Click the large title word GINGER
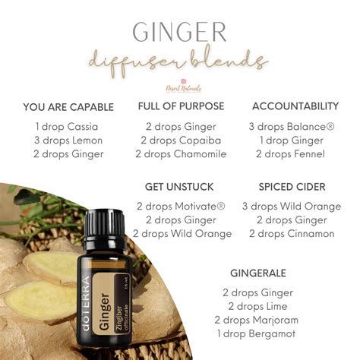[x=179, y=32]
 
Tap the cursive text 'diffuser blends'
[x=180, y=61]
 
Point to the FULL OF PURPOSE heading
[x=180, y=106]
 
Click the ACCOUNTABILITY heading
[x=295, y=106]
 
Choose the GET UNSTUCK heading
[x=179, y=187]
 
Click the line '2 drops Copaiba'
[x=180, y=141]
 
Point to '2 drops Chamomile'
[x=180, y=154]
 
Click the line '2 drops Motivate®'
[x=180, y=206]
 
